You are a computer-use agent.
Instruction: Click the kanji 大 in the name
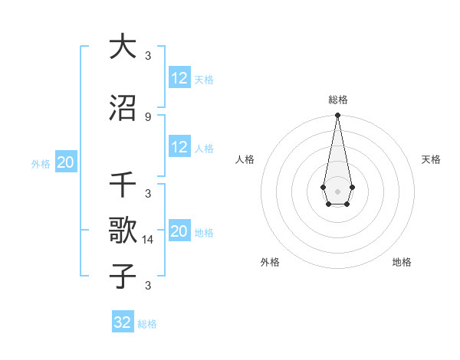pyautogui.click(x=123, y=47)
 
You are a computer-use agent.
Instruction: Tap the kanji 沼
pyautogui.click(x=123, y=110)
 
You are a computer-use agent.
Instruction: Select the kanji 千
pyautogui.click(x=123, y=186)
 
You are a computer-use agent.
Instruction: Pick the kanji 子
pyautogui.click(x=123, y=277)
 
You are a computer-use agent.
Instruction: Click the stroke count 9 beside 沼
pyautogui.click(x=147, y=116)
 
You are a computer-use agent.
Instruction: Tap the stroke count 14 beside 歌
pyautogui.click(x=149, y=239)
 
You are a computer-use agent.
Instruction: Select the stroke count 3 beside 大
pyautogui.click(x=147, y=55)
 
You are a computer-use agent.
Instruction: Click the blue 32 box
pyautogui.click(x=123, y=322)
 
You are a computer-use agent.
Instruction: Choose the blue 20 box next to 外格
pyautogui.click(x=65, y=162)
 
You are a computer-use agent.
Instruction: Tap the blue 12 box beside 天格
pyautogui.click(x=179, y=78)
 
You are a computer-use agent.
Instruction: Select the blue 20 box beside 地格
pyautogui.click(x=179, y=231)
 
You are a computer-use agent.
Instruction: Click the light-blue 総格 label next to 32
pyautogui.click(x=147, y=324)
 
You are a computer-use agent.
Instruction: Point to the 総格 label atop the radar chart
pyautogui.click(x=337, y=100)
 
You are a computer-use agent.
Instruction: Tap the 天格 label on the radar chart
pyautogui.click(x=431, y=159)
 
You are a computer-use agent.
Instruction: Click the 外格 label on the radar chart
pyautogui.click(x=270, y=262)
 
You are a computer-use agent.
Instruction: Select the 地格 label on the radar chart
pyautogui.click(x=402, y=262)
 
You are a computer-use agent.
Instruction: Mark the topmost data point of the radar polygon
pyautogui.click(x=337, y=116)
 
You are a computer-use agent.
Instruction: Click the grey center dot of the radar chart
pyautogui.click(x=337, y=190)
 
